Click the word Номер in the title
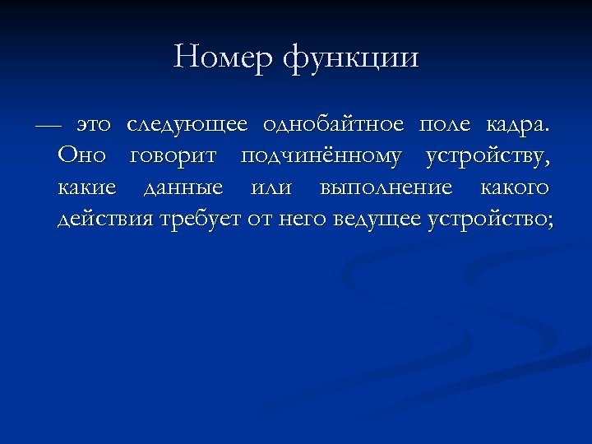coord(223,58)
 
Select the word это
coord(93,125)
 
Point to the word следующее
coord(187,126)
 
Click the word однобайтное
coord(333,125)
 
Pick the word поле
coord(445,126)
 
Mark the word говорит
coord(173,157)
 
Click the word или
coord(271,188)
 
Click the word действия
coord(105,220)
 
